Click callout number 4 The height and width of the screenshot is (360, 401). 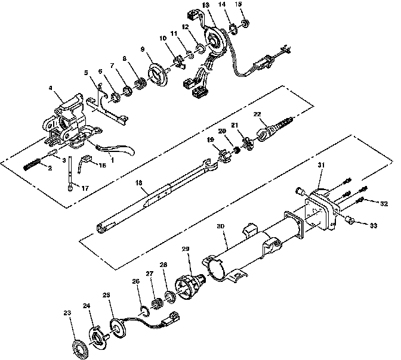pos(51,89)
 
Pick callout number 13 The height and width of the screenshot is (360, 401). pos(206,5)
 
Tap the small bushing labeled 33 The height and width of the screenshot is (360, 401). pos(350,222)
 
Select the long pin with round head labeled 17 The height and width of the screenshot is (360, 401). pos(72,173)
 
